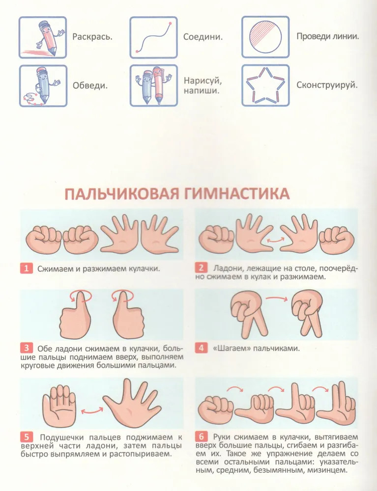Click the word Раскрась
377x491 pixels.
92,37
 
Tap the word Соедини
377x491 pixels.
203,37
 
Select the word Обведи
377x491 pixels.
90,85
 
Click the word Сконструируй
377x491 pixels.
327,85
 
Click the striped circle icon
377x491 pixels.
265,37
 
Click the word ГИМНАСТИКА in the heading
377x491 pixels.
236,194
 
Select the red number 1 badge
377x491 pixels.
27,269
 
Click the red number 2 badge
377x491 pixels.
201,268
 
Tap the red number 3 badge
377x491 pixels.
27,348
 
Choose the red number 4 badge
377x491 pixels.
201,348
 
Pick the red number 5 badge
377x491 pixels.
27,437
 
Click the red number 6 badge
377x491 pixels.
201,436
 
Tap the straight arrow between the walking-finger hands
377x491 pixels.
276,299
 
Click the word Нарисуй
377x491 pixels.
203,81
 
